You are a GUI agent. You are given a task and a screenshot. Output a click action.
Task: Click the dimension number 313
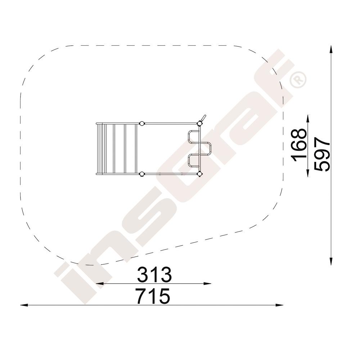coord(154,274)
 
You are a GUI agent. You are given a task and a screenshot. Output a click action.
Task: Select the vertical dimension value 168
coord(299,145)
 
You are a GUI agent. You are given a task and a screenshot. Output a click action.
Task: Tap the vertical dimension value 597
coord(322,154)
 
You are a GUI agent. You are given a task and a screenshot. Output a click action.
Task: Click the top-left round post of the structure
coord(142,123)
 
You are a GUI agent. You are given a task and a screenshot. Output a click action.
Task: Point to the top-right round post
coord(199,123)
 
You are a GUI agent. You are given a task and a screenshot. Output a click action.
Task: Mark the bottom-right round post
coord(200,174)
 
